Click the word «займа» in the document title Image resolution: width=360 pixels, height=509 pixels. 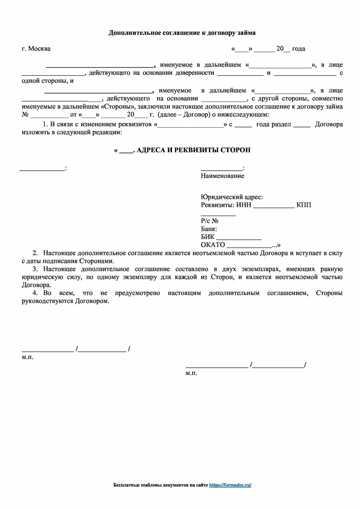pos(246,33)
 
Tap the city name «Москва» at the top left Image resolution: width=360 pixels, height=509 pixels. pos(39,49)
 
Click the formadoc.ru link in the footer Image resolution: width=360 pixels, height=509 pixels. pos(230,485)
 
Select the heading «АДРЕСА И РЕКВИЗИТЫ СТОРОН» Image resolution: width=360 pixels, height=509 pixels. pos(193,150)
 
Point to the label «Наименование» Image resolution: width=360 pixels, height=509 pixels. pos(222,176)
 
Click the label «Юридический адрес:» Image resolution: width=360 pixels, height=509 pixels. pos(232,197)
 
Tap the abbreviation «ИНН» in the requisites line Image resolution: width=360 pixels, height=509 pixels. pos(244,205)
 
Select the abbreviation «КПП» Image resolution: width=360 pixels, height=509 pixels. pos(304,205)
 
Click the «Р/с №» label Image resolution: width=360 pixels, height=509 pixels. pos(209,221)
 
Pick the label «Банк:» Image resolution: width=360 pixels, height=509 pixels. pos(209,229)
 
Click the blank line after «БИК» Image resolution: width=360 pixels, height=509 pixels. pos(239,238)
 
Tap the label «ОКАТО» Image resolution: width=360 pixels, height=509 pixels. pos(213,245)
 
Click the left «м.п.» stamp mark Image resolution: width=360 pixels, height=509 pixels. pos(28,357)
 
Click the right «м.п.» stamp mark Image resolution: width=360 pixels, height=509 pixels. pos(191,373)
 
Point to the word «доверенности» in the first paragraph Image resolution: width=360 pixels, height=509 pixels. pos(195,73)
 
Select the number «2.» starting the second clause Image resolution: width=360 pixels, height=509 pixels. pos(35,253)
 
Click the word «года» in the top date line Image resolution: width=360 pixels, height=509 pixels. pos(299,49)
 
